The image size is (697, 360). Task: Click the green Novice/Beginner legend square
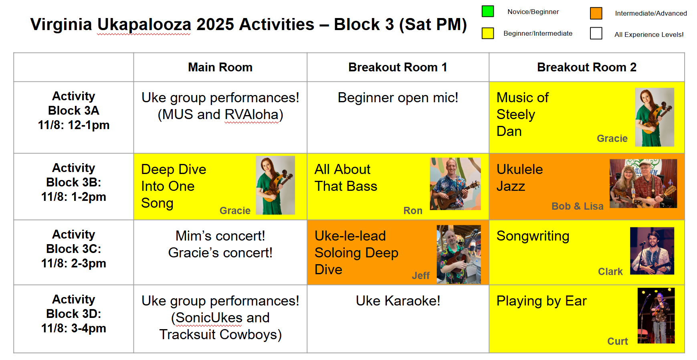tap(488, 11)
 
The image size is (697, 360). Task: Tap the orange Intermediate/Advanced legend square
tap(596, 13)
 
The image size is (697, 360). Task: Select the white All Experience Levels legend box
tap(596, 33)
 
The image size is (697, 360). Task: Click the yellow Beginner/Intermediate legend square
tap(488, 33)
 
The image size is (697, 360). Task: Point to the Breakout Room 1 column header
tap(398, 67)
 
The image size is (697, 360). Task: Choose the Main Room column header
tap(220, 67)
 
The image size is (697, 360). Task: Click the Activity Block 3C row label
tap(74, 249)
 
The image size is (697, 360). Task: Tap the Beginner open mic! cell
tap(398, 97)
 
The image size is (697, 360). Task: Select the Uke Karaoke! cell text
tap(398, 301)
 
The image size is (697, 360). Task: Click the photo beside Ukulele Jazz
tap(643, 184)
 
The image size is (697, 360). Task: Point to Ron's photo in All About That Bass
tap(455, 184)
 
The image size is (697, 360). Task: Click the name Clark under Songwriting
tap(610, 271)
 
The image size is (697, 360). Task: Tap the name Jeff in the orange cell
tap(420, 275)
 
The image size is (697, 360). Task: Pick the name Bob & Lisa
tap(577, 206)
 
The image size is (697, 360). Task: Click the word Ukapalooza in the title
tap(144, 25)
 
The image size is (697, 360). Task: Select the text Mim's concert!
tap(220, 236)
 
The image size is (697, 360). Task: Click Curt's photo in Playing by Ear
tap(656, 316)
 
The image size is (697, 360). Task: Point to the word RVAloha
tap(252, 115)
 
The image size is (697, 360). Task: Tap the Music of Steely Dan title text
tap(523, 114)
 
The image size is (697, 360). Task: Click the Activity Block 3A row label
tap(74, 111)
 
